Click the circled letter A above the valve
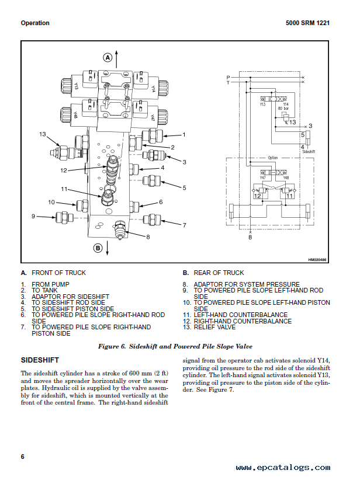pyautogui.click(x=108, y=57)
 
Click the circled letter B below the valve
pyautogui.click(x=98, y=248)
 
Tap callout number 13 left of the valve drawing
pyautogui.click(x=42, y=134)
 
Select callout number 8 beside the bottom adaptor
pyautogui.click(x=148, y=237)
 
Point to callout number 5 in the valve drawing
pyautogui.click(x=184, y=187)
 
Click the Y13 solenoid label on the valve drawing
pyautogui.click(x=76, y=86)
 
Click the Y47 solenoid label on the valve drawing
pyautogui.click(x=153, y=117)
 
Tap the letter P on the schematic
pyautogui.click(x=228, y=77)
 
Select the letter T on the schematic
pyautogui.click(x=228, y=82)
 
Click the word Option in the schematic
pyautogui.click(x=272, y=158)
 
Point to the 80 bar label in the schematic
pyautogui.click(x=283, y=108)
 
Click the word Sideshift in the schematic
pyautogui.click(x=309, y=151)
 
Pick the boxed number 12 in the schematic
pyautogui.click(x=257, y=196)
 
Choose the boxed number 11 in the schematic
pyautogui.click(x=289, y=196)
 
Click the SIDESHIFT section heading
pyautogui.click(x=40, y=360)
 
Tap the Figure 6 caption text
pyautogui.click(x=175, y=346)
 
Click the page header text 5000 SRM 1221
pyautogui.click(x=307, y=23)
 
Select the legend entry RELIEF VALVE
pyautogui.click(x=214, y=328)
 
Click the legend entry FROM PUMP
pyautogui.click(x=51, y=284)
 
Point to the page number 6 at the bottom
pyautogui.click(x=23, y=457)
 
